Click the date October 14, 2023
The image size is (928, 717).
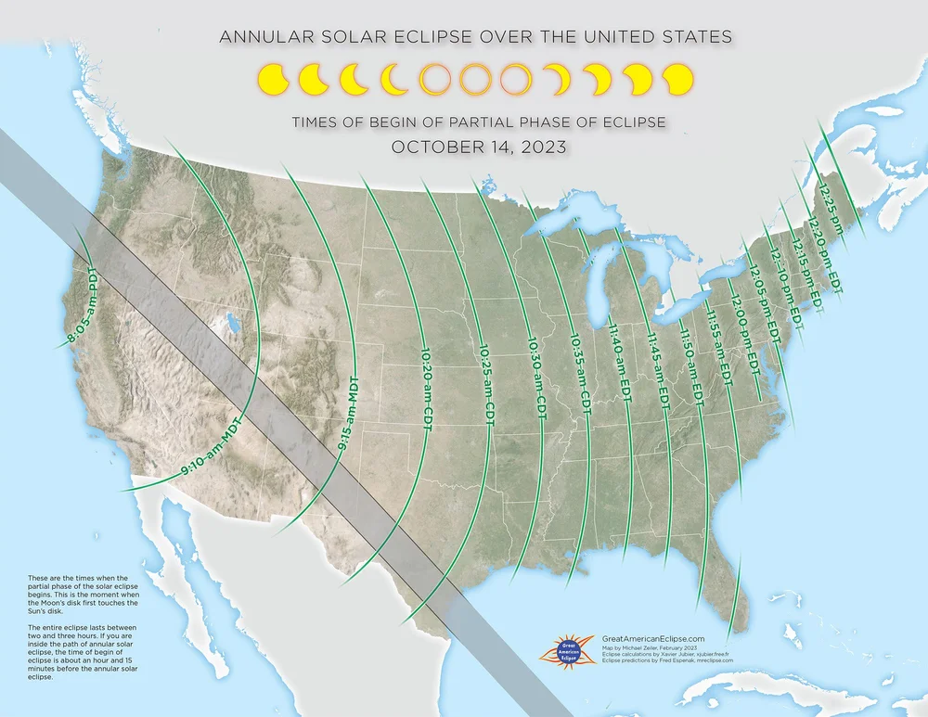[478, 147]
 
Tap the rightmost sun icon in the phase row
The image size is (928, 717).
[678, 80]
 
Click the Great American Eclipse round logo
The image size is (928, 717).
[569, 647]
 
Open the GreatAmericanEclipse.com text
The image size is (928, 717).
[653, 638]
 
